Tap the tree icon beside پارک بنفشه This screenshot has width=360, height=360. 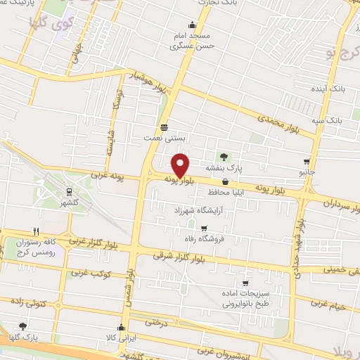point(224,157)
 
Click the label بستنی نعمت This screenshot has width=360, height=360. point(164,139)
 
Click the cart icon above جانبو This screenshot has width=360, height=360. point(306,161)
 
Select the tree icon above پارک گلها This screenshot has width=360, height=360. point(23,326)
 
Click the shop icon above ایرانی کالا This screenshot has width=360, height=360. point(123,327)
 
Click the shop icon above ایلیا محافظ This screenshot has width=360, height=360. point(224,182)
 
